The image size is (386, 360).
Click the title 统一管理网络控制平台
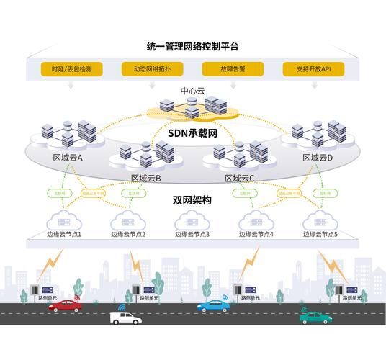point(192,47)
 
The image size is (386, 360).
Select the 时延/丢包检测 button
point(71,70)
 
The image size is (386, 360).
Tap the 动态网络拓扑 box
point(151,70)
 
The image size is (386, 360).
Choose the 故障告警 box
point(233,70)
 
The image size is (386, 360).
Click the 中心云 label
point(192,91)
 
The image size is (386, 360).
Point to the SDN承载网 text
point(192,133)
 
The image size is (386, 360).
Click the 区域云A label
point(68,158)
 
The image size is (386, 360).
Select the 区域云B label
point(145,178)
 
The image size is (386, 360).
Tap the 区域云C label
point(240,178)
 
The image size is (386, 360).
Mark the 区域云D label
point(318,158)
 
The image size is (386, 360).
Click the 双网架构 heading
point(192,201)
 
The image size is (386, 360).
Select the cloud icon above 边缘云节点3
point(192,220)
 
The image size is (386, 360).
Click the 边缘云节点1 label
point(64,235)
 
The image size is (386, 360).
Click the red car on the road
point(66,305)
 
